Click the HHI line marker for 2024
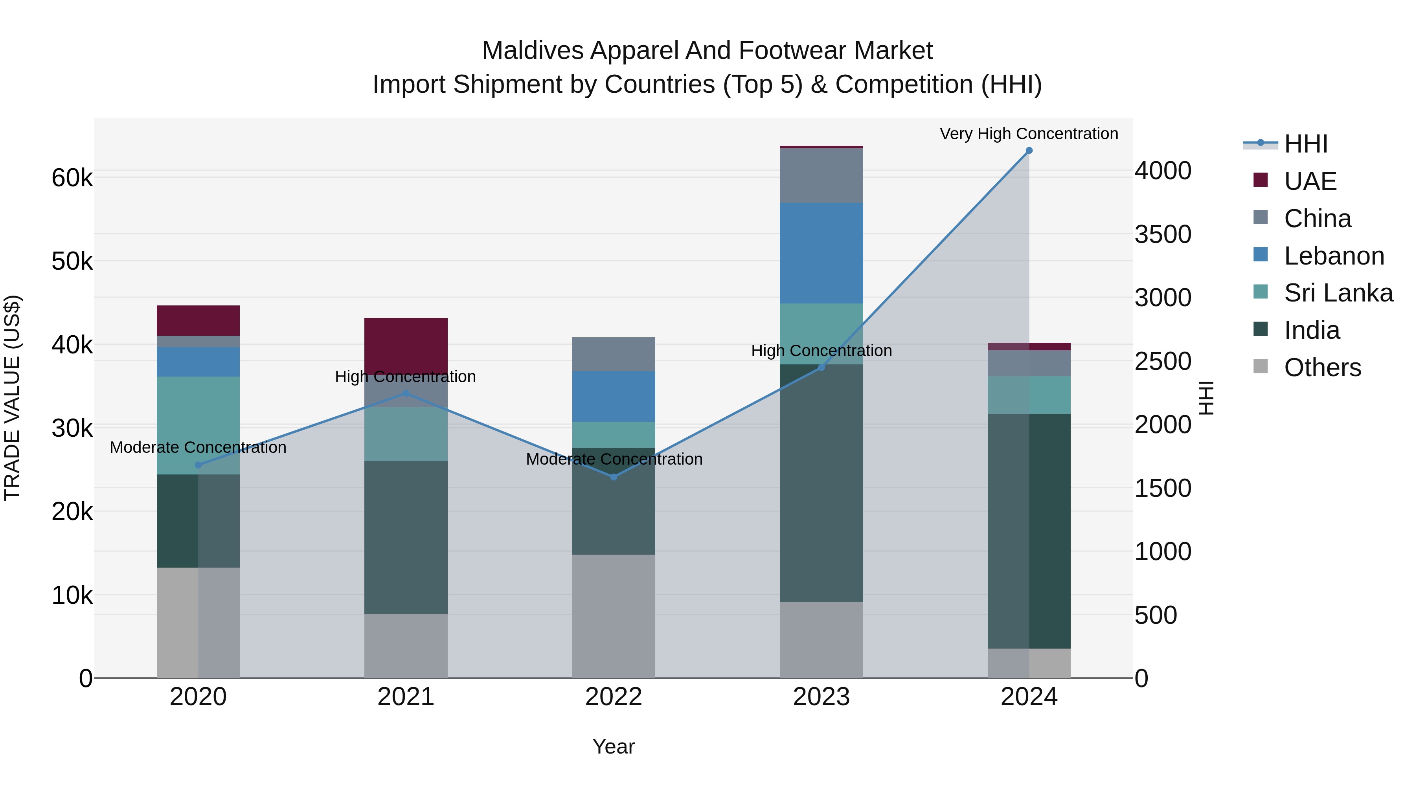pos(1029,151)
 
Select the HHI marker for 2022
pos(614,477)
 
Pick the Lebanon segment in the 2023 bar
pos(821,253)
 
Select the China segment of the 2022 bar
pos(614,354)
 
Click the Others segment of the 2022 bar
pos(614,615)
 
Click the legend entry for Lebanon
pos(1334,256)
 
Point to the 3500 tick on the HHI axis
pos(1163,235)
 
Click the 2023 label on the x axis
pos(821,697)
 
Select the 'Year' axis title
pos(614,746)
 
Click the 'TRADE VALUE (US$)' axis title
pos(12,398)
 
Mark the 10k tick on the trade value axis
pos(72,595)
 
